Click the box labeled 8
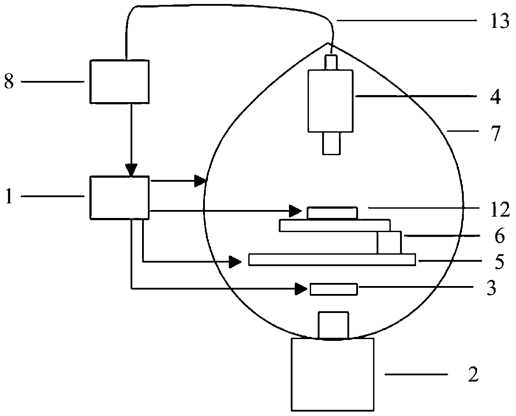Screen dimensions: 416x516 tap(119, 82)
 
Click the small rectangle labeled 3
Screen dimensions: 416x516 tap(334, 289)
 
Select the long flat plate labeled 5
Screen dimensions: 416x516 tap(332, 260)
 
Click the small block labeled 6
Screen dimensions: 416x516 tap(389, 242)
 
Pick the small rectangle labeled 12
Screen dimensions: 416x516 tap(332, 213)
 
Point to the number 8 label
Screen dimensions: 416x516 tap(9, 82)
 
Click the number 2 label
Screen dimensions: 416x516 tap(473, 376)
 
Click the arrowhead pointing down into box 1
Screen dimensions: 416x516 tap(131, 170)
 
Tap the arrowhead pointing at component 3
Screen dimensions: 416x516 tap(302, 289)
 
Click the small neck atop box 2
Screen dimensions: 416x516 tap(333, 325)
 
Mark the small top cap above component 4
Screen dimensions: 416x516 tap(331, 62)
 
